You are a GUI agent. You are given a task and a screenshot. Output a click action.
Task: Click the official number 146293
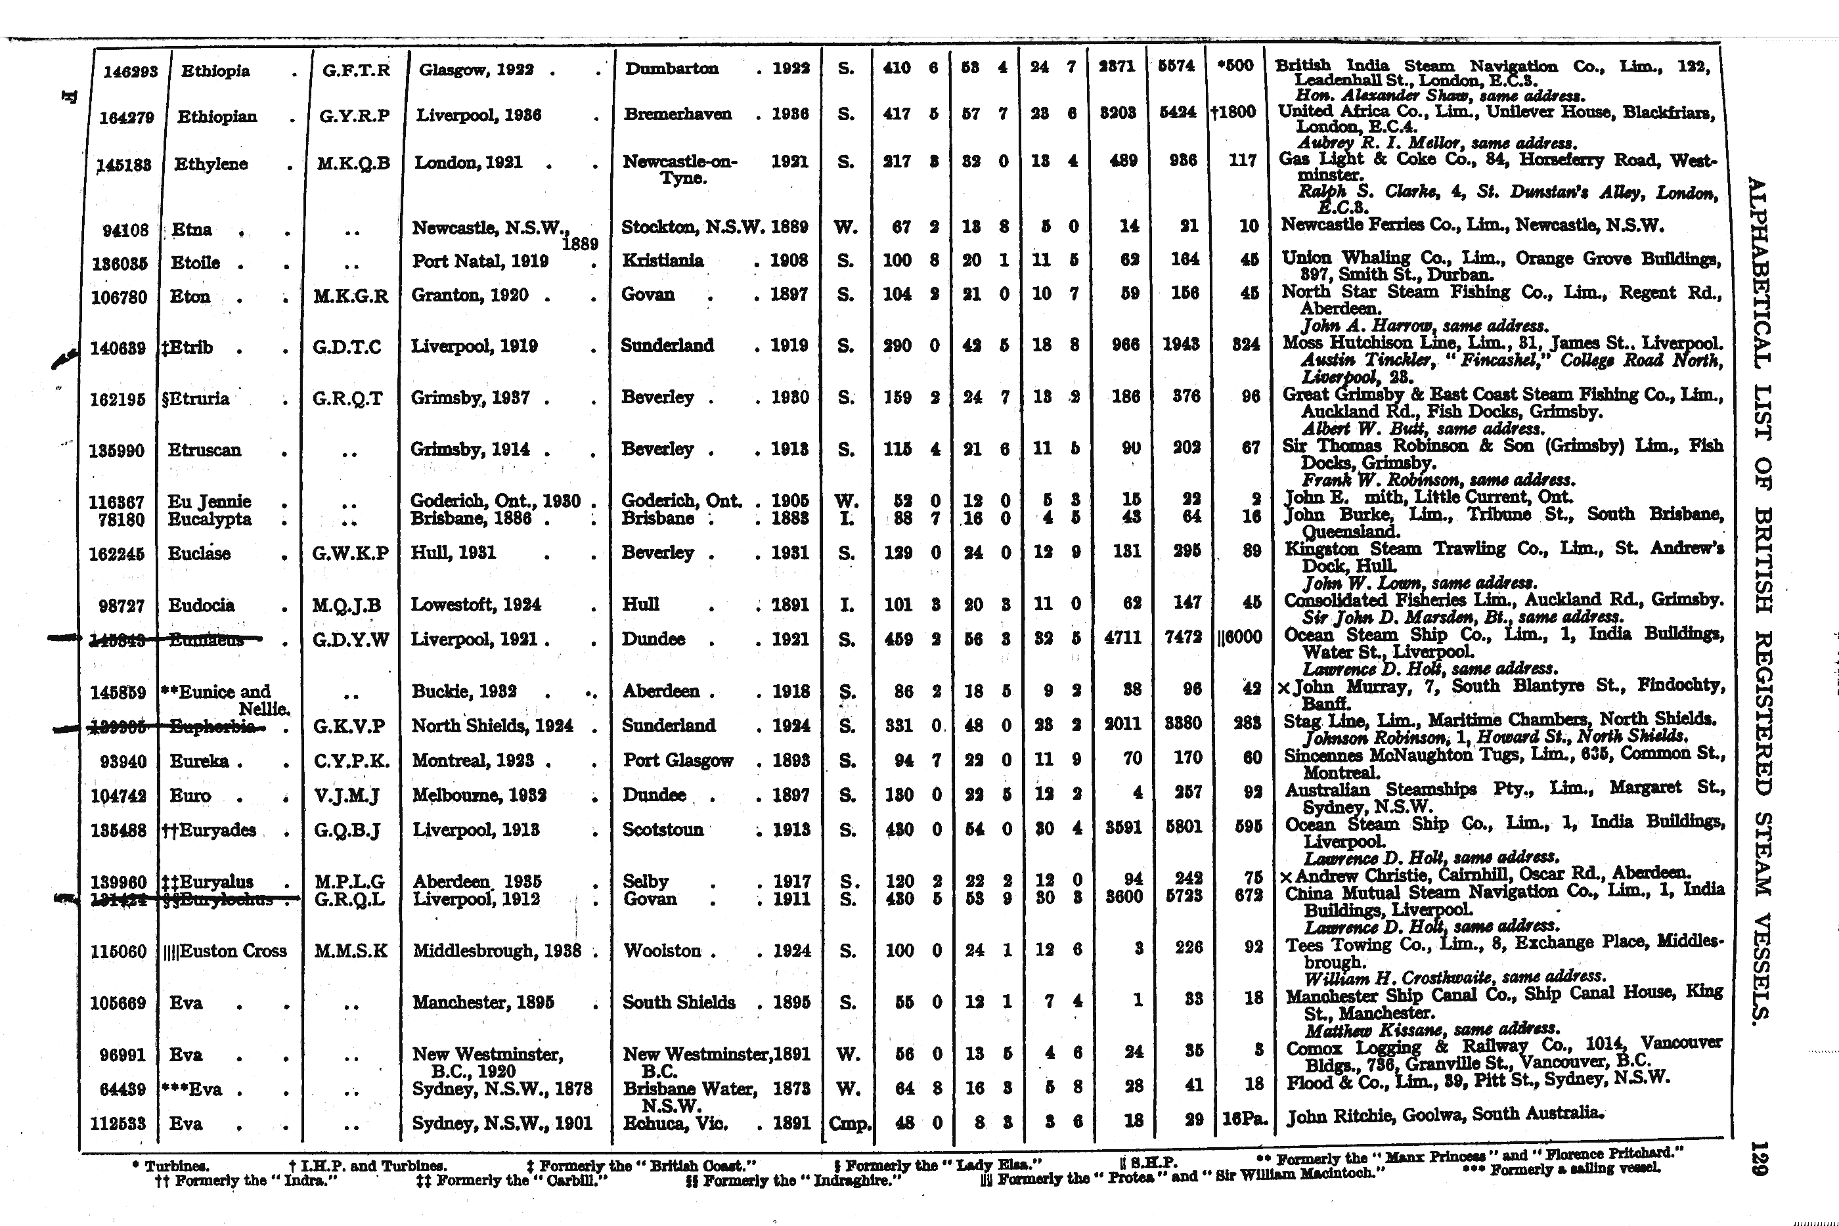(x=131, y=71)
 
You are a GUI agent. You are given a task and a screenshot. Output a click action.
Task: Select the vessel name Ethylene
(x=210, y=164)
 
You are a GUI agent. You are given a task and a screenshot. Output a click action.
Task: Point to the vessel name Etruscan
(x=206, y=450)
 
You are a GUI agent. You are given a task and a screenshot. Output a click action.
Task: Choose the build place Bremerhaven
(x=677, y=114)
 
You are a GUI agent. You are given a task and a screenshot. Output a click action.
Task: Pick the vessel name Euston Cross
(x=226, y=952)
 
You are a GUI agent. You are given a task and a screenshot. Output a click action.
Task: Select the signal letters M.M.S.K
(x=350, y=951)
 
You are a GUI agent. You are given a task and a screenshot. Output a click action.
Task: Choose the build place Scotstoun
(x=662, y=829)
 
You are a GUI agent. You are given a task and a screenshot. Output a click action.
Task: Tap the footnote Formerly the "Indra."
(x=247, y=1181)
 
